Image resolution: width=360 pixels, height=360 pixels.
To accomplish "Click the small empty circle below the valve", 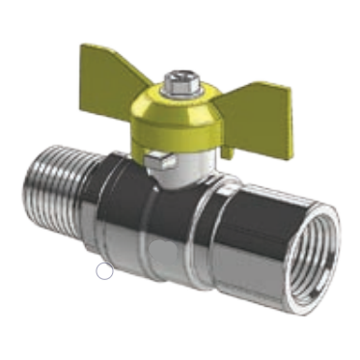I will coord(104,271).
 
